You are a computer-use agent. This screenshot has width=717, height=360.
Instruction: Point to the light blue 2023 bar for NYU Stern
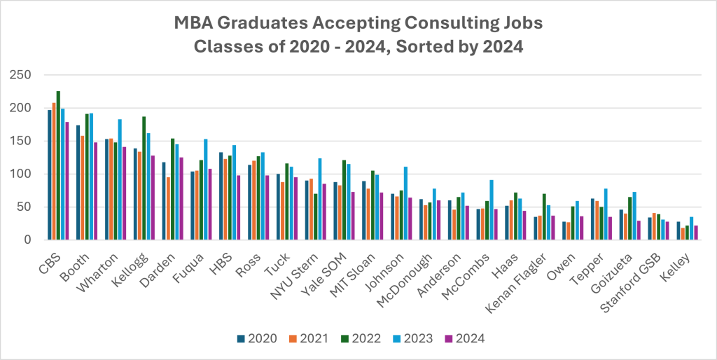point(320,199)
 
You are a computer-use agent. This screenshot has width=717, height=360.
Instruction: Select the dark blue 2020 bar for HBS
point(221,196)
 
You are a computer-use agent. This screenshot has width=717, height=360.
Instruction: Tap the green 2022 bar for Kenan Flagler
point(544,217)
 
